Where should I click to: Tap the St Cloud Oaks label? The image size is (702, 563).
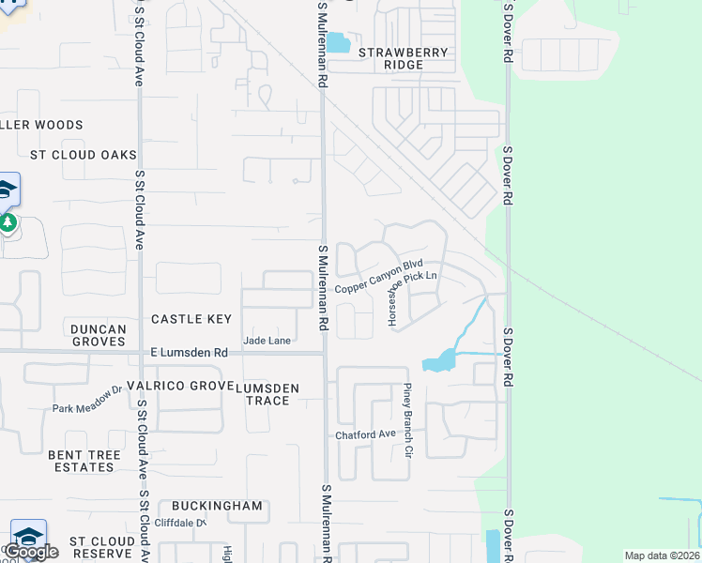84,155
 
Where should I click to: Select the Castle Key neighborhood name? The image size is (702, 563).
191,319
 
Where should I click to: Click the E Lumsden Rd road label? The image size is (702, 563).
189,353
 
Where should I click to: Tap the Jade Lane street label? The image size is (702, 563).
267,341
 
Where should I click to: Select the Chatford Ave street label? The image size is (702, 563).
366,435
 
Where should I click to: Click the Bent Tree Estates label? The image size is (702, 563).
84,461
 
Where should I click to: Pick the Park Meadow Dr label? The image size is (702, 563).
87,402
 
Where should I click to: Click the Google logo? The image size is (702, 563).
31,551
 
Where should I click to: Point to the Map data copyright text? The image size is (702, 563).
661,555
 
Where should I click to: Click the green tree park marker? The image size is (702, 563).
8,223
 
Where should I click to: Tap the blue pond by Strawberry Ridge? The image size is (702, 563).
338,43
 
